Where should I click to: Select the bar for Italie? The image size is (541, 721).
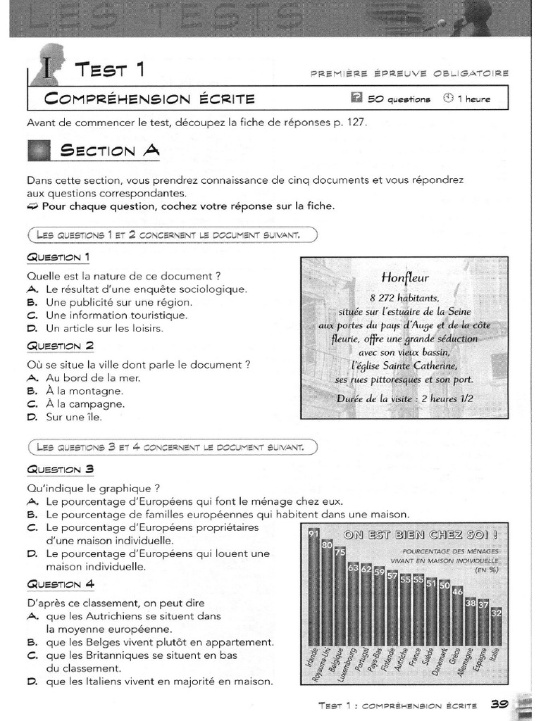[496, 627]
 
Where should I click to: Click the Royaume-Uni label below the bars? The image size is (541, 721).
[326, 665]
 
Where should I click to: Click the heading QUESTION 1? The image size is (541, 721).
[58, 257]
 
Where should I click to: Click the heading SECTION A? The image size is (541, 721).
[110, 150]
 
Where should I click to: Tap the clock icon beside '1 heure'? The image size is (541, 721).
[448, 99]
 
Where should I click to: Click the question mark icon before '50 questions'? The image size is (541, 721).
[356, 99]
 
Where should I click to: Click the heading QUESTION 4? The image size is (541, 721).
[60, 584]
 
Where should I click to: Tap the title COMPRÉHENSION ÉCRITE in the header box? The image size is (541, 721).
[149, 99]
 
